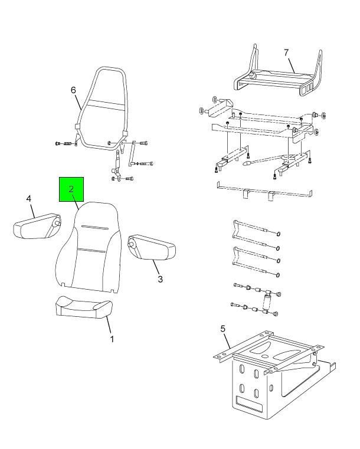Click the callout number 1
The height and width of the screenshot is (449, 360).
coord(112,339)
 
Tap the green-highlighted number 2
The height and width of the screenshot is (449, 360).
coord(71,189)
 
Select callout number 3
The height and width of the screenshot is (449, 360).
coord(160,279)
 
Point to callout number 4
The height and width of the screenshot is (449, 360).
coord(29,198)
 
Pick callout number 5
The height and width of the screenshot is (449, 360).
coord(223,329)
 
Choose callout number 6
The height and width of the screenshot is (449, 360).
coord(73,90)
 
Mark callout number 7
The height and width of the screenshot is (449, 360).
coord(286,53)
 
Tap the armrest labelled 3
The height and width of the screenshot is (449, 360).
coord(152,247)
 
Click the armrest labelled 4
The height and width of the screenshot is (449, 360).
coord(37,226)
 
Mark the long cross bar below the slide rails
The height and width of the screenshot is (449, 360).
coord(264,190)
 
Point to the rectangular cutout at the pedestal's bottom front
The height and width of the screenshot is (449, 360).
coord(249,402)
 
